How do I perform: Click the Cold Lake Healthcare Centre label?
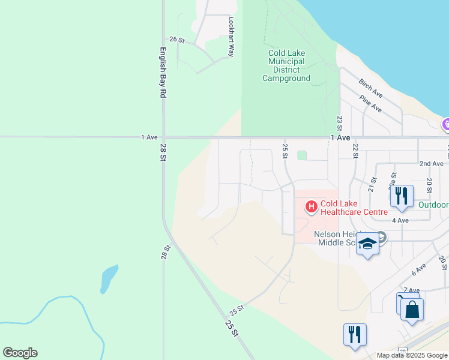(354, 208)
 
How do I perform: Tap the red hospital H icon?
(312, 208)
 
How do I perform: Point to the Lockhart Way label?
(230, 36)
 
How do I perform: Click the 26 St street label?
(176, 40)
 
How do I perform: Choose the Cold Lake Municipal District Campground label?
(286, 65)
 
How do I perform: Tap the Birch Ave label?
(370, 88)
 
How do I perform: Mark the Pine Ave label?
(370, 104)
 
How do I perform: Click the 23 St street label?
(339, 124)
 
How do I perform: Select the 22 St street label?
(355, 151)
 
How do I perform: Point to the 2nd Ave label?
(431, 163)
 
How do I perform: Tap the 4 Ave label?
(400, 220)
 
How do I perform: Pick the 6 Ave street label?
(418, 269)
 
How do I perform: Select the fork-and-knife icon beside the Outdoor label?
(401, 195)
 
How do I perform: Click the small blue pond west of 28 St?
(108, 279)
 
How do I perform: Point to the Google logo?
(20, 353)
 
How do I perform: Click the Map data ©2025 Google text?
(412, 355)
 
